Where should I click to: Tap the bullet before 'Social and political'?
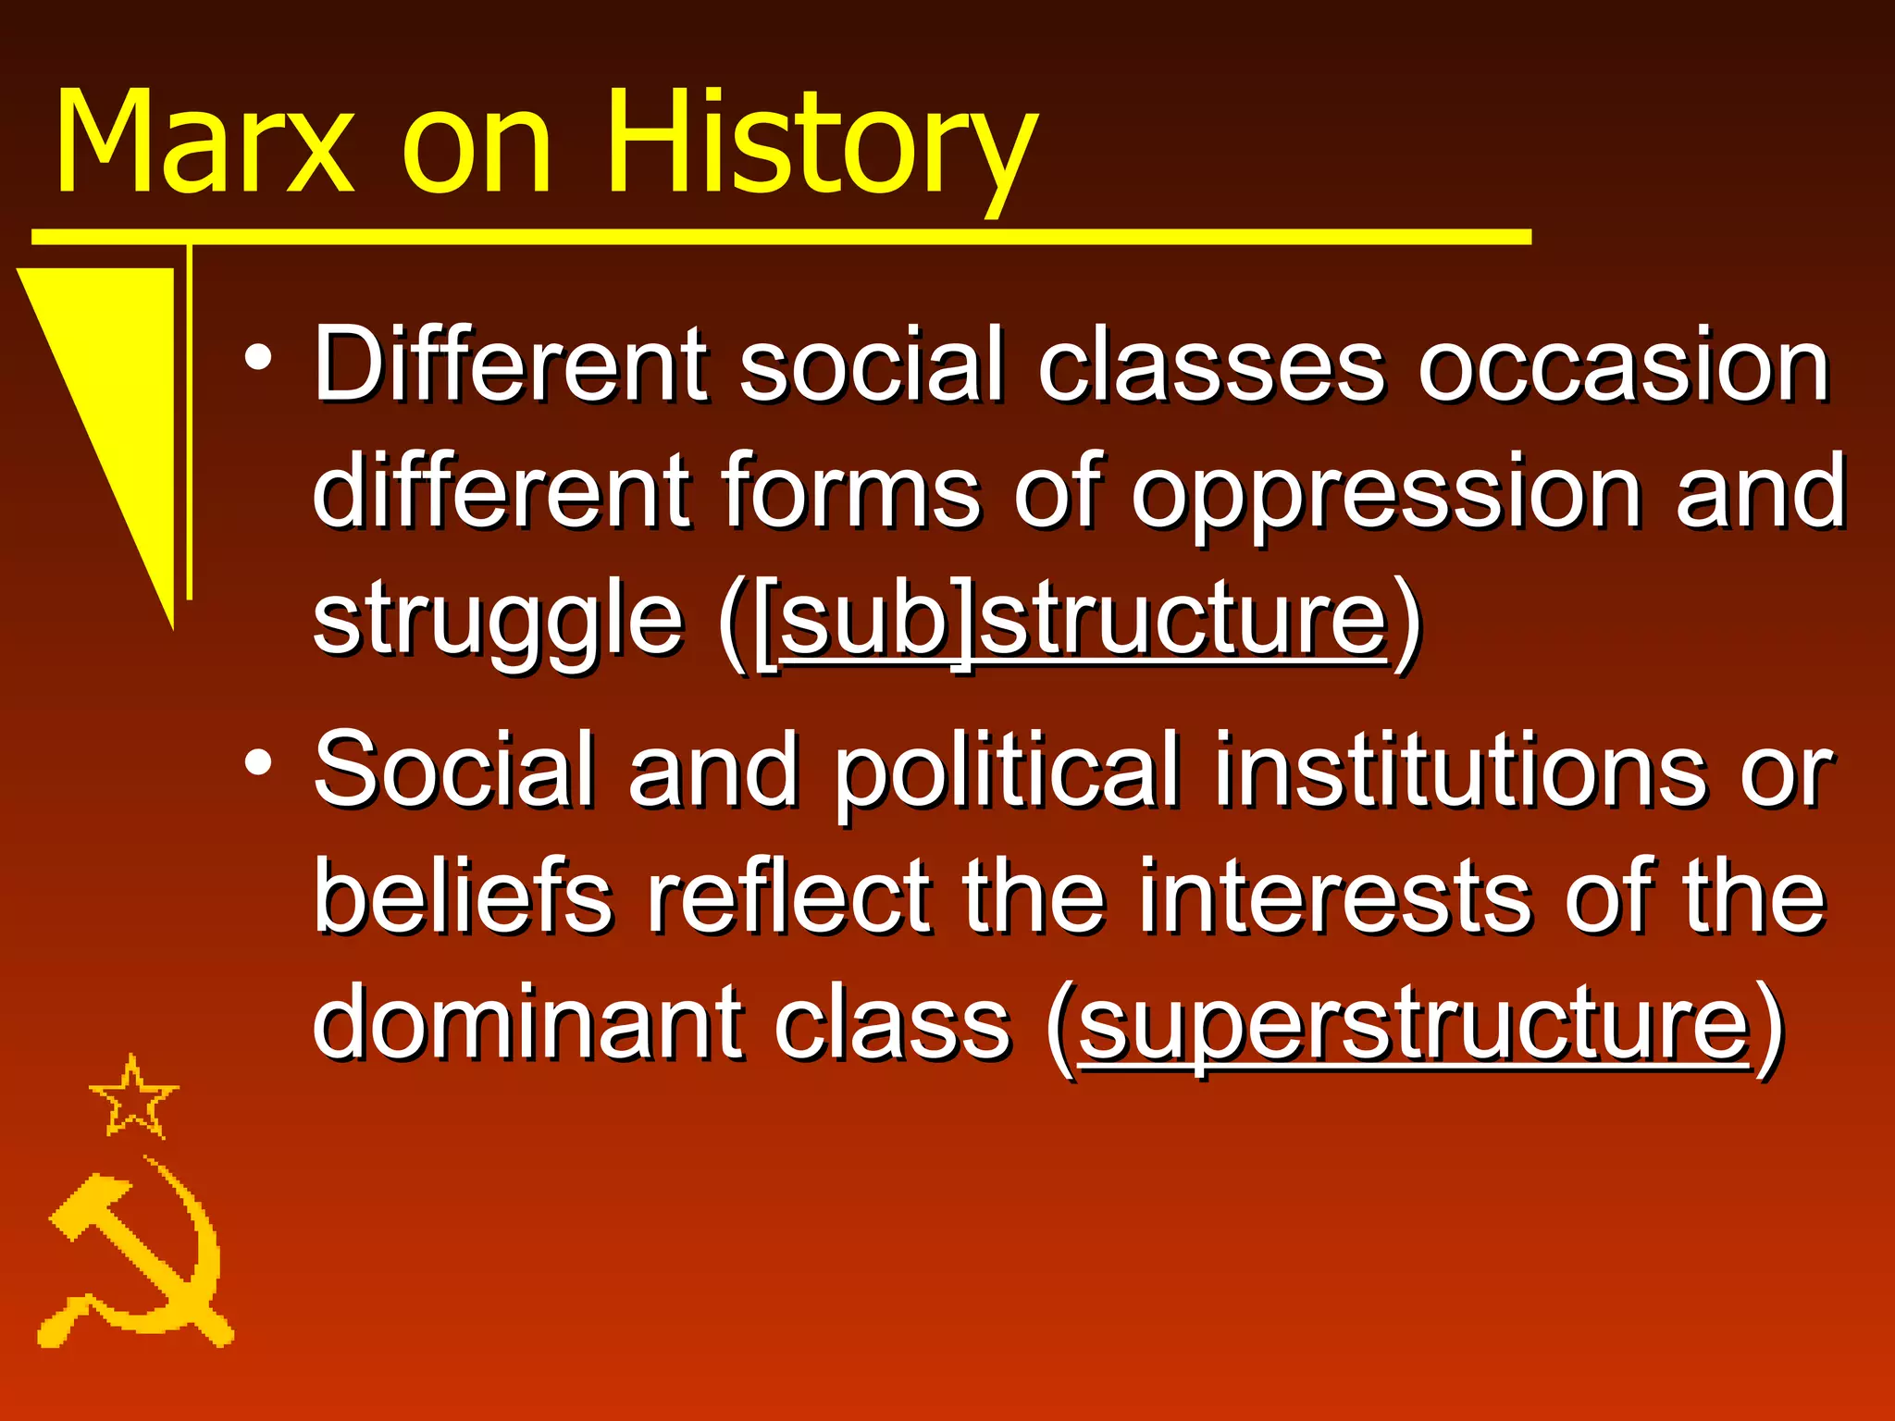pos(259,763)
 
